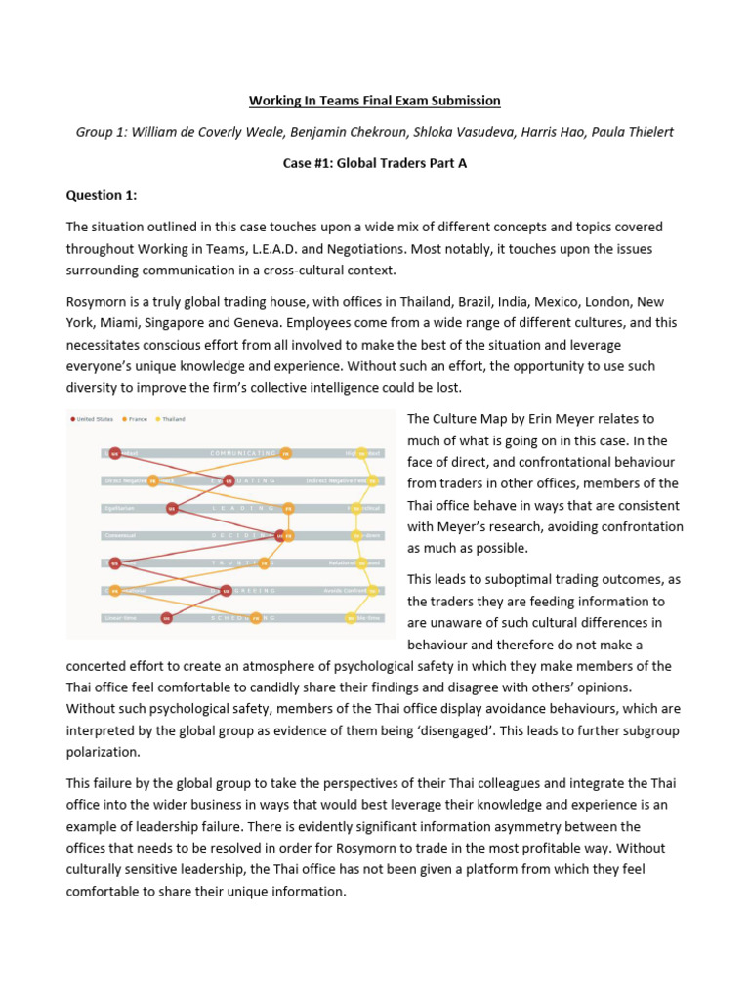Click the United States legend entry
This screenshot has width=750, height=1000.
coord(94,419)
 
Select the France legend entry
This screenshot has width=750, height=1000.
coord(139,419)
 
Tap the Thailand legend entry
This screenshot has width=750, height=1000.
coord(173,419)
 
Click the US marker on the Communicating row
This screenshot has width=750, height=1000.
coord(114,453)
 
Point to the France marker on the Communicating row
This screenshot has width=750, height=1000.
coord(286,453)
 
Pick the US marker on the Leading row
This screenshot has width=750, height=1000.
coord(172,508)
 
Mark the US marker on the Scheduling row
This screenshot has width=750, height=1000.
coord(167,618)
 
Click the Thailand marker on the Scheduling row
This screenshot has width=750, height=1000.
coord(351,618)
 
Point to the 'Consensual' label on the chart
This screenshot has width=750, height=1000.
coord(121,535)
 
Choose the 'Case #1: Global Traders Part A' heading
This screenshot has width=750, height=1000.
coord(374,163)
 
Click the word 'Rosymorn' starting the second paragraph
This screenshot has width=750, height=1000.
coord(98,302)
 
